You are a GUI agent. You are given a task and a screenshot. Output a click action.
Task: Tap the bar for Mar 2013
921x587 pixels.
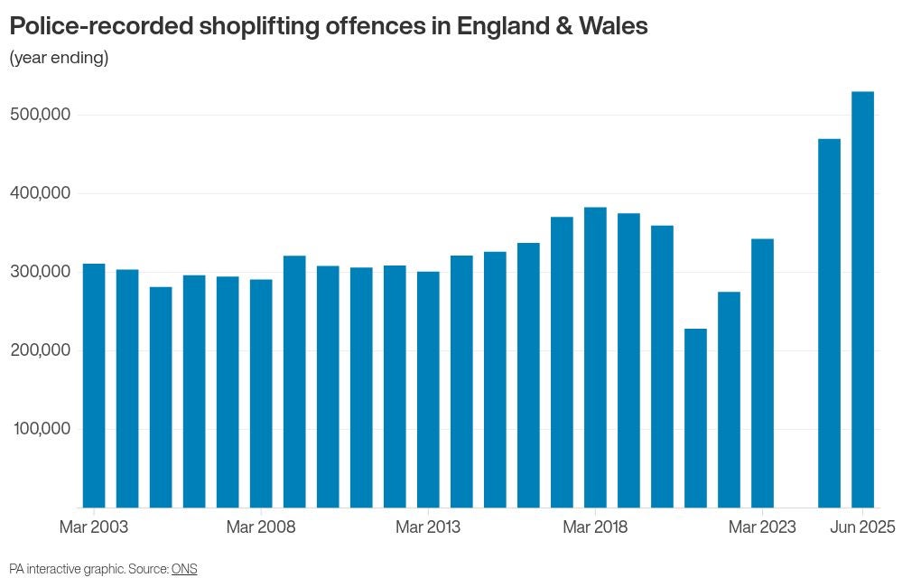coord(428,389)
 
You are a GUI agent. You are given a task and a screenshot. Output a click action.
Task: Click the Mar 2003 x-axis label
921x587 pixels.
coord(94,527)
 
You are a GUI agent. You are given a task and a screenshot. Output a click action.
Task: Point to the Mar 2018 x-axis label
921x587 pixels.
coord(595,527)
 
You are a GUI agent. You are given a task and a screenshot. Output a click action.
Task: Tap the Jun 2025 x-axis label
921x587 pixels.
coord(862,527)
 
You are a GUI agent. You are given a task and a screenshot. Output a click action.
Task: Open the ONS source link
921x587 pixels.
coord(184,569)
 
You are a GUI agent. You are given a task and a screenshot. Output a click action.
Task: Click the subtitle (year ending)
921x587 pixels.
coord(59,59)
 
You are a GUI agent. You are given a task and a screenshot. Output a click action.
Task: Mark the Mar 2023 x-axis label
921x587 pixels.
coord(762,527)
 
